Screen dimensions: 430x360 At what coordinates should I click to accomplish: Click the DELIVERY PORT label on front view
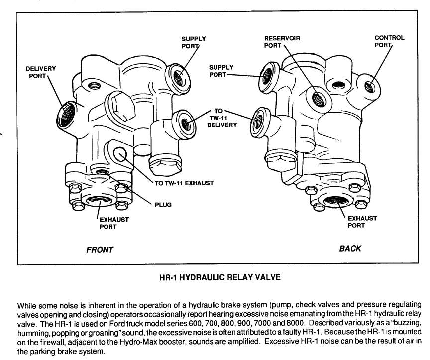pos(41,72)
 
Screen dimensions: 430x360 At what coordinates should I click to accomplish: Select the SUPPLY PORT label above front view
pos(193,42)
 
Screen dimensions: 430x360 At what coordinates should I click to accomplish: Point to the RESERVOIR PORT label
pos(282,42)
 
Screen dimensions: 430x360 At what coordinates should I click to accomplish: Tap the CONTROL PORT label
pos(389,41)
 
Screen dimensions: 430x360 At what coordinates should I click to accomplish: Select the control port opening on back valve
pos(370,86)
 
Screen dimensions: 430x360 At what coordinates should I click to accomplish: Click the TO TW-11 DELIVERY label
pos(221,118)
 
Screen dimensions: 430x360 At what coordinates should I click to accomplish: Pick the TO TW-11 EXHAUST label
pos(184,183)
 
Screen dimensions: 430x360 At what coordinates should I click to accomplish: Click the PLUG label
pos(163,205)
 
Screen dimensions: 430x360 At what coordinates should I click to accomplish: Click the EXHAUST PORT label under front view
pos(114,223)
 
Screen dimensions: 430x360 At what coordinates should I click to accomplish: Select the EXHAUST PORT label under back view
pos(362,222)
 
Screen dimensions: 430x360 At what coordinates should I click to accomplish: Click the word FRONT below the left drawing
pos(100,250)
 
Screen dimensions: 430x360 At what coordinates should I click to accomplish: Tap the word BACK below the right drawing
pos(350,249)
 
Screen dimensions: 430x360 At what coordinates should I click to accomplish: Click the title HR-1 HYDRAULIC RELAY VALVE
pos(220,277)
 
